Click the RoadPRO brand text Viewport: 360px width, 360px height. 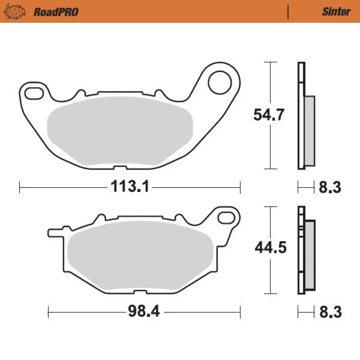[x=56, y=12]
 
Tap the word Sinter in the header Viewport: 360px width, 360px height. [x=336, y=12]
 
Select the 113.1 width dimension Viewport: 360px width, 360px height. [x=129, y=187]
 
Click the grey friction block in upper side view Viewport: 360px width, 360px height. [x=309, y=131]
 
